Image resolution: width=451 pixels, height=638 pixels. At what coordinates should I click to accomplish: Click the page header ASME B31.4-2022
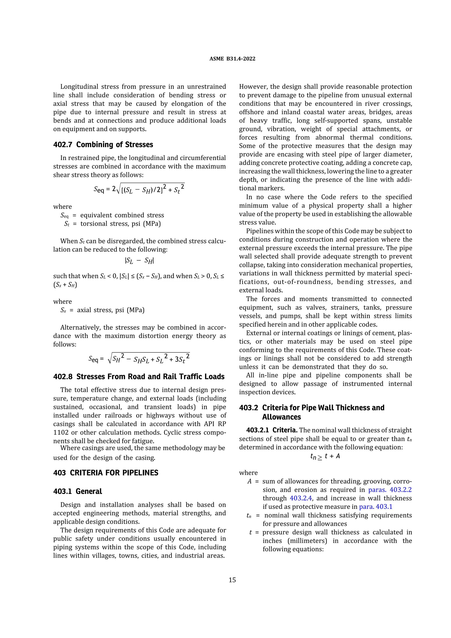point(232,59)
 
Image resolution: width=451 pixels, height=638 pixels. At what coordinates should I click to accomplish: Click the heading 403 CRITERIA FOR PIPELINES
point(106,473)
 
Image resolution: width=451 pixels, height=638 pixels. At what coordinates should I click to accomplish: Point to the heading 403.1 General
point(78,491)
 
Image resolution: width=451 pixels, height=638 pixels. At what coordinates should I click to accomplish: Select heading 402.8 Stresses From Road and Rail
point(139,376)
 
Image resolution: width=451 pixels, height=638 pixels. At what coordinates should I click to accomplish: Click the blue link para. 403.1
point(376,507)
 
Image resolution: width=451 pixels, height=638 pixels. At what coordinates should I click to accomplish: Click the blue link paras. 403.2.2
point(390,490)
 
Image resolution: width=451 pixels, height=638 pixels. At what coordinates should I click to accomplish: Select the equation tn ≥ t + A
point(325,457)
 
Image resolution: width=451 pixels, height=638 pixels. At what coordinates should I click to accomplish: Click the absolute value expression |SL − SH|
point(139,261)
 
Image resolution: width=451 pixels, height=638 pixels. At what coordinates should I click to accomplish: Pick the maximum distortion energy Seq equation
point(139,359)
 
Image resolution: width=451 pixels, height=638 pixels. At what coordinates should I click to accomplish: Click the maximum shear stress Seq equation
point(139,189)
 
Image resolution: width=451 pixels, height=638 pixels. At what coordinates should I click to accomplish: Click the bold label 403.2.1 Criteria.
point(272,430)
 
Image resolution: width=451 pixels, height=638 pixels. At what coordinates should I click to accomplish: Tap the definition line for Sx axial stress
point(103,310)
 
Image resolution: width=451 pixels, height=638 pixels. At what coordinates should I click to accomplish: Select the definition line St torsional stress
point(113,224)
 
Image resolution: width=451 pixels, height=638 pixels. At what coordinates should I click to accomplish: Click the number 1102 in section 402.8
point(61,432)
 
